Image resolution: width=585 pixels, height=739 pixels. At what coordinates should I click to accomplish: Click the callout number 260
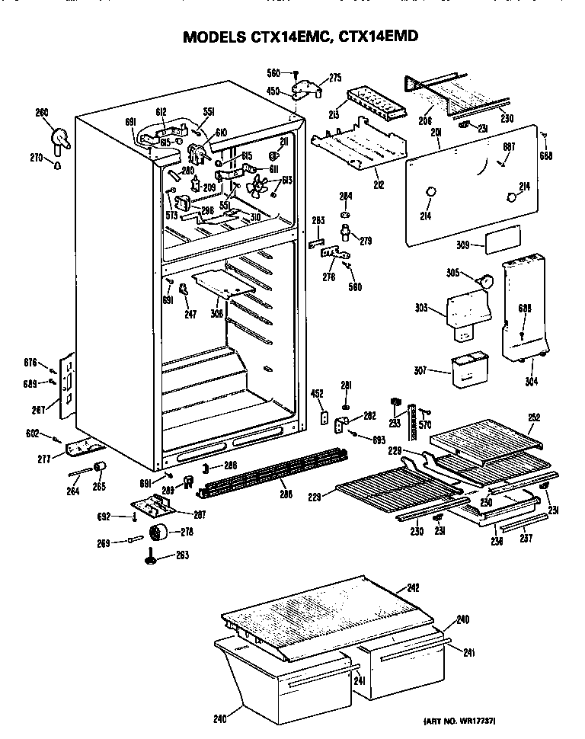[41, 113]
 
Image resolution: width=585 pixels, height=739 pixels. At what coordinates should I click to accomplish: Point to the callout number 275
[335, 77]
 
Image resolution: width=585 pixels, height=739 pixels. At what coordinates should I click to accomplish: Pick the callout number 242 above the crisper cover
[413, 587]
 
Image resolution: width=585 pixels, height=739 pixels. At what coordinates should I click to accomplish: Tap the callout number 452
[318, 394]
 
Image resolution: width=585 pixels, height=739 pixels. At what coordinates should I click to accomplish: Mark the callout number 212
[379, 184]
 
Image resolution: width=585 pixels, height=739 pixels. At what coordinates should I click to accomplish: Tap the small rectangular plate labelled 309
[503, 238]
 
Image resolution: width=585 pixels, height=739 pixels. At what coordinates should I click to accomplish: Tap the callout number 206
[425, 120]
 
